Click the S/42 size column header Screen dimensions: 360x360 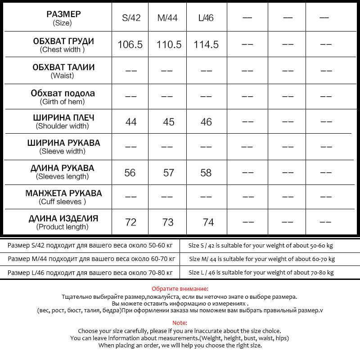[x=131, y=18]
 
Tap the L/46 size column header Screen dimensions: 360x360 [x=206, y=18]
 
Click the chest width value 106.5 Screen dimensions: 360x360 [x=130, y=45]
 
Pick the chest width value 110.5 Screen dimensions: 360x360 [x=169, y=45]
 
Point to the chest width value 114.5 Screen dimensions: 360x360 [x=206, y=45]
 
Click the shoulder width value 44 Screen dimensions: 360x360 [x=131, y=122]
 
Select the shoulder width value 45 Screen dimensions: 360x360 [x=169, y=122]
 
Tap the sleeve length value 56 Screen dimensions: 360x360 [x=130, y=173]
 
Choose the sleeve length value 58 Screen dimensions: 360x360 [x=206, y=173]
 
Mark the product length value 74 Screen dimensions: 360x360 [x=208, y=222]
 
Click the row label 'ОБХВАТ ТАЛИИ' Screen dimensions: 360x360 [x=63, y=67]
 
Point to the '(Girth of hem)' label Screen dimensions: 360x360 [x=63, y=102]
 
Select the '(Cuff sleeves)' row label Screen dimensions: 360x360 [x=63, y=202]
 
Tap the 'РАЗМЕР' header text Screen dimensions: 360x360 [x=63, y=14]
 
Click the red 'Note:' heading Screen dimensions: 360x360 [x=180, y=323]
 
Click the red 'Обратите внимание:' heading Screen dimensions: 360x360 [x=180, y=288]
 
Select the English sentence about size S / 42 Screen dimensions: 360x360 [x=261, y=246]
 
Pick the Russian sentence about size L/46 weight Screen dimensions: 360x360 [x=90, y=273]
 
